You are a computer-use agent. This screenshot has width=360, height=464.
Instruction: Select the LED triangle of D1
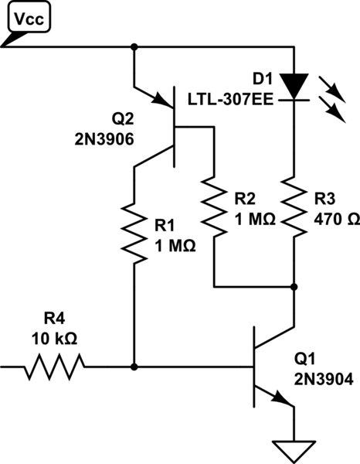point(294,86)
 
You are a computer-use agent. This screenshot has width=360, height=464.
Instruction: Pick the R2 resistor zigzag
point(214,207)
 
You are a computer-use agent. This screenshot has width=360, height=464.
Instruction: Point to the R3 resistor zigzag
point(294,207)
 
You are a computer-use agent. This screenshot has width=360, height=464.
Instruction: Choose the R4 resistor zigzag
point(55,367)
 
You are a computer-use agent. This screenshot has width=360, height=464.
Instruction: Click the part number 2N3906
point(104,139)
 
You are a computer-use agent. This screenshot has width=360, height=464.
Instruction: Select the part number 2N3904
point(324,379)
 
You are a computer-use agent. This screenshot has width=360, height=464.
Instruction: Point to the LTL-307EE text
point(230,100)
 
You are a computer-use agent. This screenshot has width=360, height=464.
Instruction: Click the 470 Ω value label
point(337,220)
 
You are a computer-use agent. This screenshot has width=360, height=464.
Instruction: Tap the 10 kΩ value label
point(54,339)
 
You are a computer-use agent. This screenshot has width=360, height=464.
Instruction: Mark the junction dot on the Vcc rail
point(134,46)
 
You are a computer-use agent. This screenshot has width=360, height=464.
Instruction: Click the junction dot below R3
point(294,287)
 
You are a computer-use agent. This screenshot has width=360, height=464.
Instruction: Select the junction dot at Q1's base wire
point(134,367)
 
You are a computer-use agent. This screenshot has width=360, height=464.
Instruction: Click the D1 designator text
point(263,80)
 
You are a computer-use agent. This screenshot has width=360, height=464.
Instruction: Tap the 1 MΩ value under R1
point(175,246)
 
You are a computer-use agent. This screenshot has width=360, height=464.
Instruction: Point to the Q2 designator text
point(123,118)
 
